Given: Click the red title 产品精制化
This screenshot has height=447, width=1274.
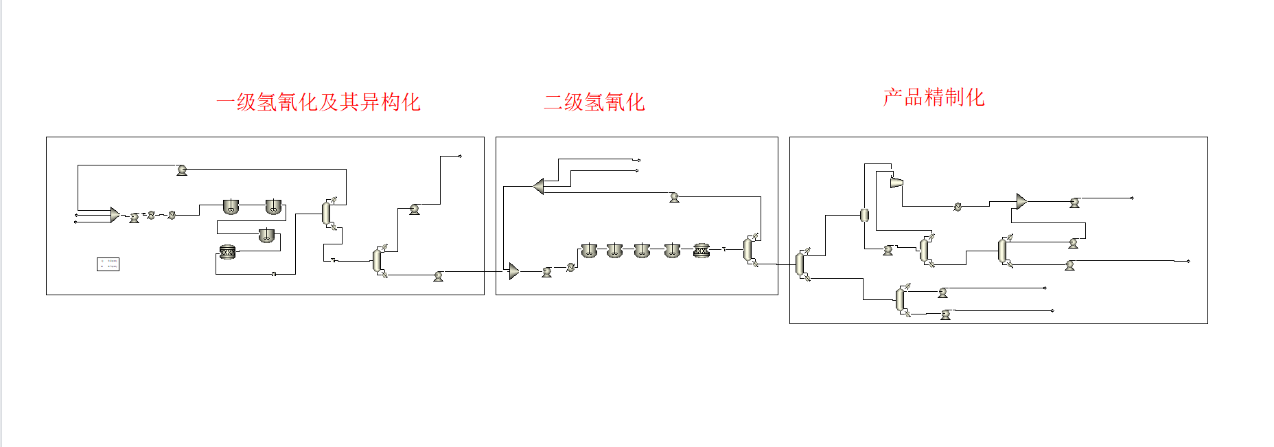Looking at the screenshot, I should tap(934, 98).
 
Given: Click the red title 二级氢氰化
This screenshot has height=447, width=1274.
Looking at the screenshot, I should tap(594, 102).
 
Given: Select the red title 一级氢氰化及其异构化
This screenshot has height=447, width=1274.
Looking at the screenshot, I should tap(318, 102).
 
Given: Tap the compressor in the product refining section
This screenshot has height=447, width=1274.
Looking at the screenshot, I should tap(896, 182).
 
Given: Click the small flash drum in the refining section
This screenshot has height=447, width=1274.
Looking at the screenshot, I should tap(864, 215).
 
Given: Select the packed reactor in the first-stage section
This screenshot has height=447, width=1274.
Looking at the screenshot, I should tap(227, 252).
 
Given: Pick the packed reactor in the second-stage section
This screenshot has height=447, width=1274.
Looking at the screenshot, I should tap(701, 251).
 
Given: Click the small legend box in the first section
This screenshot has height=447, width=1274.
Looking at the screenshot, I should tap(108, 264).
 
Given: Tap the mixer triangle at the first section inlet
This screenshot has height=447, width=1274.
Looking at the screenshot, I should tap(115, 215).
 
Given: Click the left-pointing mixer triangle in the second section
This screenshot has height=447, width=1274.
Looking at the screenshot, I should tap(539, 186).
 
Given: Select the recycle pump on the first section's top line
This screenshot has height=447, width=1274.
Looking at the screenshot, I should tap(182, 170).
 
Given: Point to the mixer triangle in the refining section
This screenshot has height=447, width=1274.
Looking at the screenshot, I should tap(1021, 201).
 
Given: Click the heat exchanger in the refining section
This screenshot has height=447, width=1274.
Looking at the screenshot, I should tap(958, 206).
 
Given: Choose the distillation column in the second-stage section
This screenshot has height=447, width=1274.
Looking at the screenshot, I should tap(749, 250).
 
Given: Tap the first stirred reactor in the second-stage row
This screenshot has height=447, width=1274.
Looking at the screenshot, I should tap(588, 251).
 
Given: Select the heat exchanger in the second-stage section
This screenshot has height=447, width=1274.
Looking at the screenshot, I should tap(570, 268).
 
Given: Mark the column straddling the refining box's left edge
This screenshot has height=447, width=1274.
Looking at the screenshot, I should tap(800, 264).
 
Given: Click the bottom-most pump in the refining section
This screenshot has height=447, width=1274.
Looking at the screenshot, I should tap(945, 314).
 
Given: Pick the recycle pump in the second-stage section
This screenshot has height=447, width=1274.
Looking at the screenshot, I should tap(674, 197).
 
